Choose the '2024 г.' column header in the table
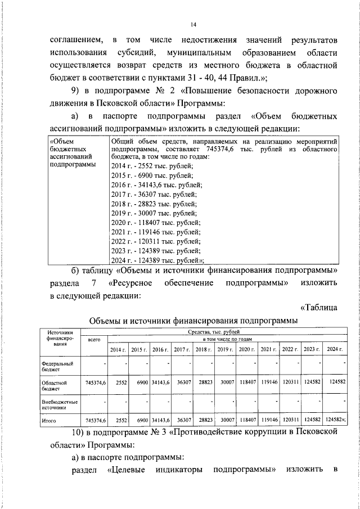tap(335, 350)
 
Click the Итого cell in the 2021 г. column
tap(268, 420)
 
